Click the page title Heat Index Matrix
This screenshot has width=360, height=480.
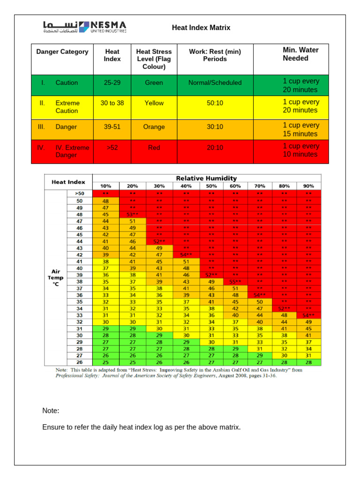(201, 28)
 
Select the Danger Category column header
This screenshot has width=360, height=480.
(62, 52)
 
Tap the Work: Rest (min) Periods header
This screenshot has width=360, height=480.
(215, 55)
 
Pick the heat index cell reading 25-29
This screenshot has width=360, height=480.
(112, 82)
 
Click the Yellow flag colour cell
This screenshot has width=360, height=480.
(154, 103)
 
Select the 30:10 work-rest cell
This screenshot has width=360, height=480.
(215, 127)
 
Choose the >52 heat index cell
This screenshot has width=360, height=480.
(112, 148)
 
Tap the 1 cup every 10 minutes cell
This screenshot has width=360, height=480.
(300, 150)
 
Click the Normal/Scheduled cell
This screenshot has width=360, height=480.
(215, 82)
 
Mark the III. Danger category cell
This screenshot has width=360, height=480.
(62, 127)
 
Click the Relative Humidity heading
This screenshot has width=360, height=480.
(206, 178)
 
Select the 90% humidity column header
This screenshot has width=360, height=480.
(308, 186)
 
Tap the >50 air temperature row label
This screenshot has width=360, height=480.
(80, 193)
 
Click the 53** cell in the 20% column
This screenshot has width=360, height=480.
(133, 214)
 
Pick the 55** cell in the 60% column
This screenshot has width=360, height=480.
(235, 282)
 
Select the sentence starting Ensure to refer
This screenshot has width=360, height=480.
(141, 427)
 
